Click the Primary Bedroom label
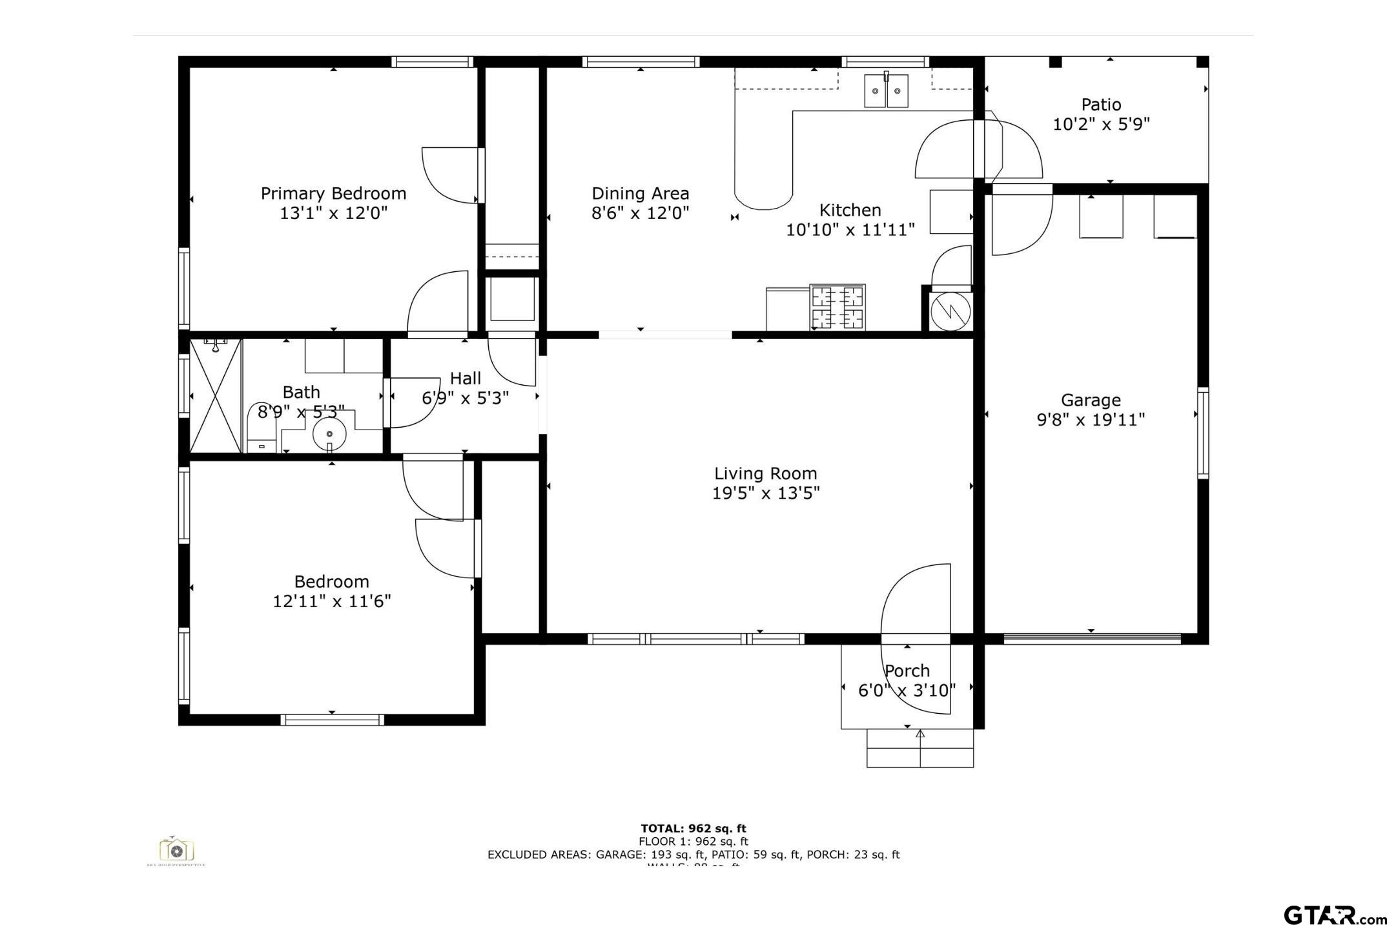point(333,193)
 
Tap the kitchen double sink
point(886,90)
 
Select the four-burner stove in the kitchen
point(837,307)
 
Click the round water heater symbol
point(950,312)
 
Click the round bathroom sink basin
point(329,433)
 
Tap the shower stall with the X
point(215,395)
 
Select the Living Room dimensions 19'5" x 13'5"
point(765,494)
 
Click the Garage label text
point(1091,400)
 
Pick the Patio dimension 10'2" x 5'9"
point(1101,124)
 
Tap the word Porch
point(907,670)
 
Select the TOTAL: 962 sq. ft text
point(693,828)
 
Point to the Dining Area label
point(640,193)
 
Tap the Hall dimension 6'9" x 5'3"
point(465,398)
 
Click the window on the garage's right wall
point(1203,433)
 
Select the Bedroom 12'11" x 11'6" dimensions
point(332,601)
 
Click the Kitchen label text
point(850,210)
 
